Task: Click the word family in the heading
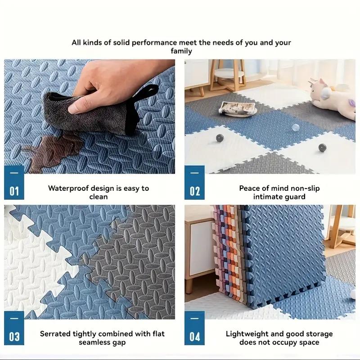tap(181, 51)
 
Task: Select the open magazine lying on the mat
tap(238, 108)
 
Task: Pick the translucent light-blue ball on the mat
tap(295, 127)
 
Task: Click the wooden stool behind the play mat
tap(227, 74)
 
